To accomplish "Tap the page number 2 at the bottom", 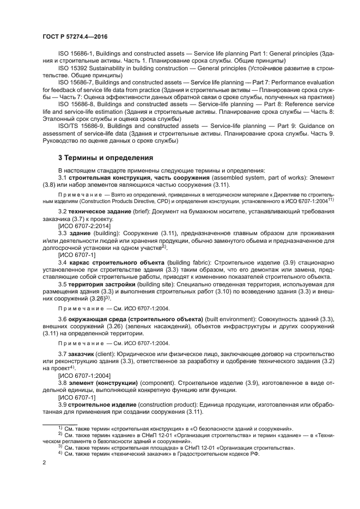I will pyautogui.click(x=45, y=462).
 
